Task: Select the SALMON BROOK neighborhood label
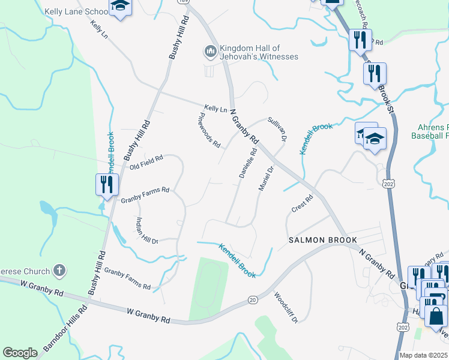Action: [x=323, y=240]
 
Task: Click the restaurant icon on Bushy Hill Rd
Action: [x=107, y=184]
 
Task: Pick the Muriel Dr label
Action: [x=266, y=179]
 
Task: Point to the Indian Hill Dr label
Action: [x=146, y=230]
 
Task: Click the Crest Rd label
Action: [x=302, y=203]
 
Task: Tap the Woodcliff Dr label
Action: [x=286, y=307]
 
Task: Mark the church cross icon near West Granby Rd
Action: [x=59, y=271]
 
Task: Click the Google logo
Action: [x=20, y=353]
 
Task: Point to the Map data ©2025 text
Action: [x=423, y=355]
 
